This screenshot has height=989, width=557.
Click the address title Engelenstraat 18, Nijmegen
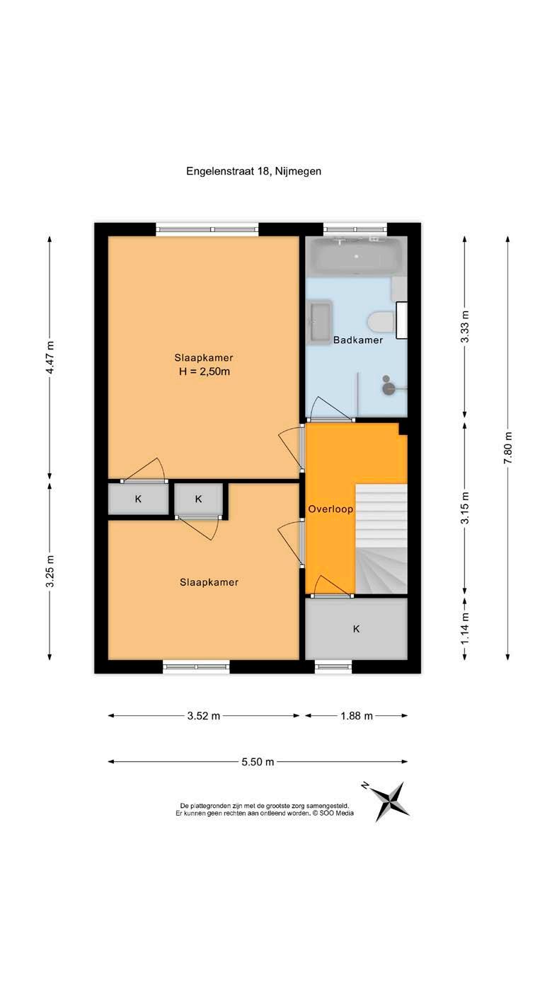253,171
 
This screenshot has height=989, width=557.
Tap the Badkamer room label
358,340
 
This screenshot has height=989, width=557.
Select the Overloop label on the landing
331,509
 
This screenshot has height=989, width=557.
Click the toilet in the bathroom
381,321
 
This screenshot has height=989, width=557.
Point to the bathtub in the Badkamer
355,255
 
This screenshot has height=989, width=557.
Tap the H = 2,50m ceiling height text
204,371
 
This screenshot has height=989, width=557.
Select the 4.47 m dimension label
50,358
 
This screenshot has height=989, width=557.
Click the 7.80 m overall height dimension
508,448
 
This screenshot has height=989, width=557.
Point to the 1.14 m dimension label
465,627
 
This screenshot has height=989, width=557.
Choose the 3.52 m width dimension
204,716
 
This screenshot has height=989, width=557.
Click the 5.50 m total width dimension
258,762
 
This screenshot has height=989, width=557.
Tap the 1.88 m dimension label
357,716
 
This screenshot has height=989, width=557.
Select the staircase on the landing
381,538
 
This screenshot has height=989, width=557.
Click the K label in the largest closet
356,629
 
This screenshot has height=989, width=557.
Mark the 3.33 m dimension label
465,327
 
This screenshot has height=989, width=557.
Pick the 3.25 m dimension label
50,571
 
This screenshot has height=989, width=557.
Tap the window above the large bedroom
207,229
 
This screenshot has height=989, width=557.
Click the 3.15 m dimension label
465,508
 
